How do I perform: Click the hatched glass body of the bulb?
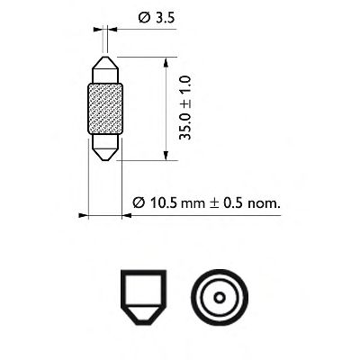(104, 108)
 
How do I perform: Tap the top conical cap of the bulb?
(104, 69)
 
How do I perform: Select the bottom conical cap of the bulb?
(104, 148)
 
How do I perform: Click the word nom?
(265, 203)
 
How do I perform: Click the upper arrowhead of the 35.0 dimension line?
(166, 62)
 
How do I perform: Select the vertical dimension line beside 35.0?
(166, 108)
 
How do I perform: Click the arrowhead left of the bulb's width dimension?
(83, 216)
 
